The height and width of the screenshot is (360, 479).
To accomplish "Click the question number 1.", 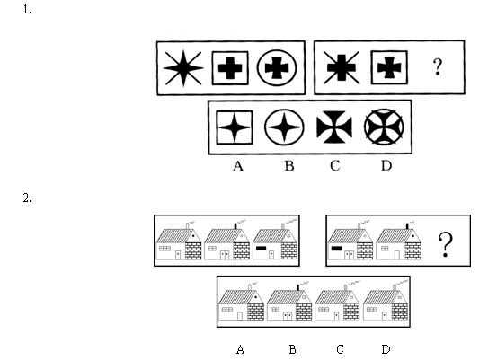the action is coord(27,10).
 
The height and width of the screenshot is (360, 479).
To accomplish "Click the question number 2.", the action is coord(27,198).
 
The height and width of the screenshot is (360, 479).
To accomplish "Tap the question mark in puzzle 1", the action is coord(438,66).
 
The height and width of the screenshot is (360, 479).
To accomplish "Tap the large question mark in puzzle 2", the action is coord(446,244).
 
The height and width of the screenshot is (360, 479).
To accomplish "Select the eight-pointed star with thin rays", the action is coord(183,68).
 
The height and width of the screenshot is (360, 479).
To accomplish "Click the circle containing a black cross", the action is coord(277,68).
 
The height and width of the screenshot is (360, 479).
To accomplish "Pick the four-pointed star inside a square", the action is coord(235,127).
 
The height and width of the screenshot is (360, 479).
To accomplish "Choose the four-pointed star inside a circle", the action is coord(284,127).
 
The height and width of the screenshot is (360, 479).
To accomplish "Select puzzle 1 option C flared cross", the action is coord(334,127).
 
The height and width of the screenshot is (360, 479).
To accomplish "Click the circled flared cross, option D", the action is coord(384,127).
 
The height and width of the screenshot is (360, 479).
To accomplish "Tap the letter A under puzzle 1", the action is coord(238,166).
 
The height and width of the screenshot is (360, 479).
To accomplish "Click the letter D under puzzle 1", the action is coord(386,166).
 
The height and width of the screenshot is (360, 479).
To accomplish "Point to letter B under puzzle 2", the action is coord(292,349).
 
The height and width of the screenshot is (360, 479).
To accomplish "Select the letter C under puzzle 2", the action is coord(340,349).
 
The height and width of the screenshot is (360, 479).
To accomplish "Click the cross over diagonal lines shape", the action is coord(342,67).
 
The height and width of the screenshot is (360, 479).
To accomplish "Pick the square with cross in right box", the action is coord(389,67).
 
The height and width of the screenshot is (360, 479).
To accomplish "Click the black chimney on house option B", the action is coord(298,287).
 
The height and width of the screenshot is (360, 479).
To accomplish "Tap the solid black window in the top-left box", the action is coord(261,249).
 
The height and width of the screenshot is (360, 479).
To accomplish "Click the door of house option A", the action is coord(240,316).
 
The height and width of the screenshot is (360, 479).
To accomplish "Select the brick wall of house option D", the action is coord(399,312).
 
